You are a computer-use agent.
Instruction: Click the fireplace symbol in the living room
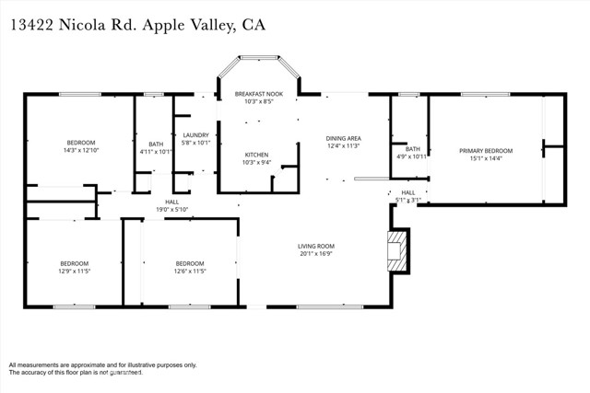(x=397, y=250)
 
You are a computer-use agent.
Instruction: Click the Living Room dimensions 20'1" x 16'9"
(x=315, y=255)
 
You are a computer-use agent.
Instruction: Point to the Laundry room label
(x=195, y=135)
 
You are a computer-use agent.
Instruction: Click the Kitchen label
(x=255, y=154)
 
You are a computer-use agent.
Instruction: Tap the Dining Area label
(x=343, y=138)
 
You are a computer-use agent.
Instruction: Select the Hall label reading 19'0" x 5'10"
(x=171, y=210)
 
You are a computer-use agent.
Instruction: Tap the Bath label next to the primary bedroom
(x=413, y=148)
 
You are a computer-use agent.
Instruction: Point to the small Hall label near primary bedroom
(x=408, y=192)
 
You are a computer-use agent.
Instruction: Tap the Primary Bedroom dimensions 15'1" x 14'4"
(x=485, y=158)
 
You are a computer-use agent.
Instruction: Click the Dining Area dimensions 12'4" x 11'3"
(x=343, y=146)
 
